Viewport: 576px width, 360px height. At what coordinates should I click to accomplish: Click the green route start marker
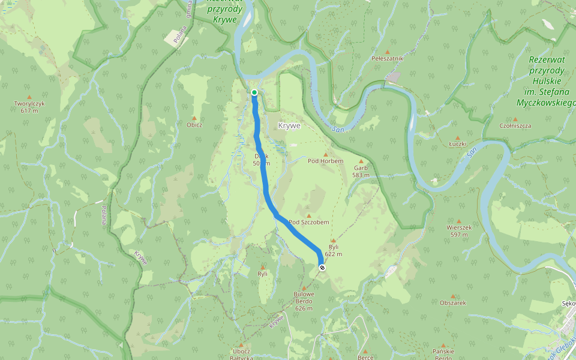click(254, 92)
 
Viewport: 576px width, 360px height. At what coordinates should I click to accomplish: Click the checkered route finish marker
click(322, 268)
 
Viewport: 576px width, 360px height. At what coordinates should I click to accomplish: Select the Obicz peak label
click(194, 125)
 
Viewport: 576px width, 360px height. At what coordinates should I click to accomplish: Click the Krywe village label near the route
click(289, 126)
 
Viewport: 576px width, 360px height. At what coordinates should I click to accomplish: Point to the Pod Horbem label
click(325, 161)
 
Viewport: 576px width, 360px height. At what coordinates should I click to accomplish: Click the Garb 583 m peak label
click(361, 172)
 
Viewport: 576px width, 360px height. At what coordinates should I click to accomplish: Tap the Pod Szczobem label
click(309, 222)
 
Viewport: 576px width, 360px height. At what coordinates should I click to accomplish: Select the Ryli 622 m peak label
click(334, 250)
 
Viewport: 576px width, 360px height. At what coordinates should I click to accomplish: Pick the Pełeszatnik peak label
click(387, 59)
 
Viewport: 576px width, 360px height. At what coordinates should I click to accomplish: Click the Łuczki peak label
click(458, 144)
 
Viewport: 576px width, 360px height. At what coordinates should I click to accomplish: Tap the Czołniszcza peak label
click(515, 125)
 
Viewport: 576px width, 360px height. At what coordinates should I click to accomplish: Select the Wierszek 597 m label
click(459, 231)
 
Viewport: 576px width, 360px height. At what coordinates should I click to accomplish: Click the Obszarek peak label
click(452, 303)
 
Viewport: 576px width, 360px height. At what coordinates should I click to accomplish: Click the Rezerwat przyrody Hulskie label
click(545, 81)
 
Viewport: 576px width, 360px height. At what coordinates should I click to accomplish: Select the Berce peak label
click(365, 356)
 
